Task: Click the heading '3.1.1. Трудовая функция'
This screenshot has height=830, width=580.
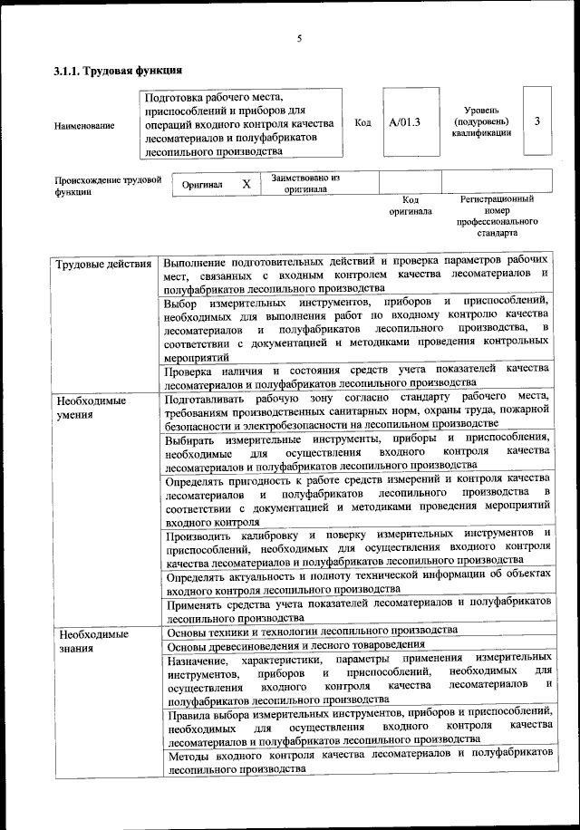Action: point(119,70)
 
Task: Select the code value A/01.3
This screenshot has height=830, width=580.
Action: point(404,122)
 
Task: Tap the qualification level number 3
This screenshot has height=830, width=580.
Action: point(537,122)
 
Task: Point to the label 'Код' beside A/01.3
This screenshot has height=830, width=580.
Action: point(362,122)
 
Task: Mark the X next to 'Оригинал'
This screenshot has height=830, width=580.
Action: point(246,184)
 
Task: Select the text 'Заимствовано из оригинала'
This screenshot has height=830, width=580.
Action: point(304,184)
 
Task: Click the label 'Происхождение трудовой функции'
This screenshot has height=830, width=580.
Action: point(100,186)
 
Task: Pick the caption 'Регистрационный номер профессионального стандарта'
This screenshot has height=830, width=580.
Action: point(497,216)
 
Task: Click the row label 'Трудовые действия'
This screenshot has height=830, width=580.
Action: point(103,265)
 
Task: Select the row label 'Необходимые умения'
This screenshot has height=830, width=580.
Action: point(91,407)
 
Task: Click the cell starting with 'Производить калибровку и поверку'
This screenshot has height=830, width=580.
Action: point(358,546)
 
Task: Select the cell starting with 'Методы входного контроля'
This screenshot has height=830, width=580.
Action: point(358,759)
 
